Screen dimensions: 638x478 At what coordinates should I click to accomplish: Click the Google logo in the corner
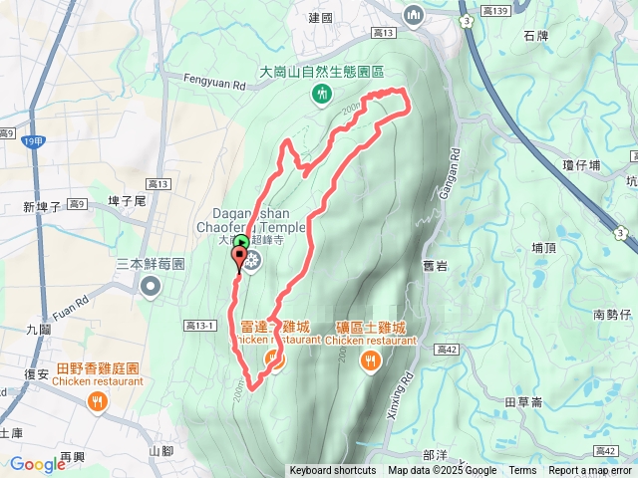(38, 464)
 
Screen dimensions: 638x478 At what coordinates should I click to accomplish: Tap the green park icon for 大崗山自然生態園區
(322, 94)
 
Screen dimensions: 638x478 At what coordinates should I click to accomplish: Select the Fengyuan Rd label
(214, 86)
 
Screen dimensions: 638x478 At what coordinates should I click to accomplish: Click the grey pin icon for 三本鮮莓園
(151, 287)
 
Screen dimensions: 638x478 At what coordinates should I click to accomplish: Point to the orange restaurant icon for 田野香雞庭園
(96, 402)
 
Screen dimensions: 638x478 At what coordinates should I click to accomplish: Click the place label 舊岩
(434, 265)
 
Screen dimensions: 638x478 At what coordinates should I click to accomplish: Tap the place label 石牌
(535, 36)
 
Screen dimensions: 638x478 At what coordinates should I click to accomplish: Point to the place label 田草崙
(523, 402)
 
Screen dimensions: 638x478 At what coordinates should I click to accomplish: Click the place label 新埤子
(42, 206)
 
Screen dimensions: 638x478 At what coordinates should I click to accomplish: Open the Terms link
(522, 471)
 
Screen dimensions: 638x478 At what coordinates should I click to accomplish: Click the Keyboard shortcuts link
(333, 471)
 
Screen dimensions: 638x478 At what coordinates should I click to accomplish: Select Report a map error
(591, 471)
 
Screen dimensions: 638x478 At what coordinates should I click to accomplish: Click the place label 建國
(320, 18)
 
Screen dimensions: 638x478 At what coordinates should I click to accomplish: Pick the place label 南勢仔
(612, 315)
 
